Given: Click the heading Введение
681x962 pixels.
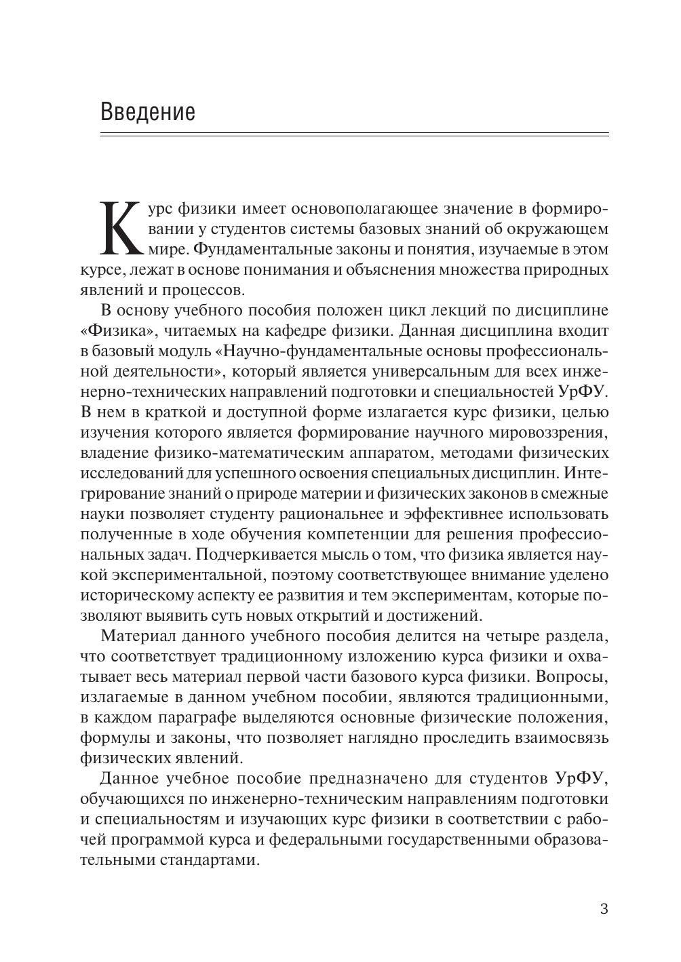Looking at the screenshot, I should (148, 111).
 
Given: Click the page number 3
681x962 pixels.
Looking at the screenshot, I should (604, 909).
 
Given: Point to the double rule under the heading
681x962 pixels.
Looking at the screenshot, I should (354, 135).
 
